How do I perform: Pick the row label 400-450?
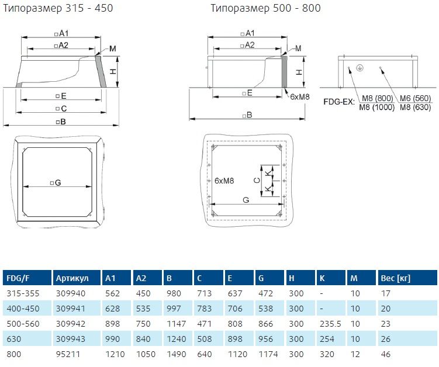tap(20, 307)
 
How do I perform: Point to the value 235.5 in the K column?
tap(329, 322)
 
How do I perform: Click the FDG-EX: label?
tap(340, 101)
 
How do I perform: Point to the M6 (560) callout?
tap(414, 99)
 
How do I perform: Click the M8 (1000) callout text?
tap(376, 107)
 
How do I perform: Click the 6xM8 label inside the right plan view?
tap(224, 181)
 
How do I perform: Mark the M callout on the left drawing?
tap(112, 48)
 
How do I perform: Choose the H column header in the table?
tap(292, 278)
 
